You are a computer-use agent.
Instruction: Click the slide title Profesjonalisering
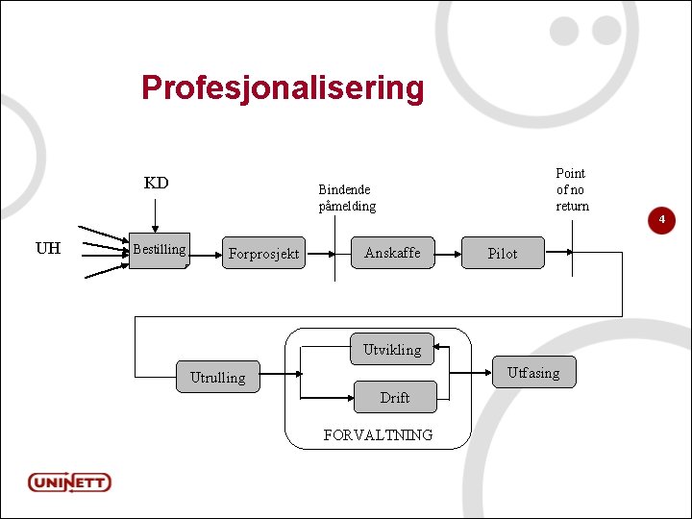[x=282, y=87]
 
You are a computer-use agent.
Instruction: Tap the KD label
[x=156, y=183]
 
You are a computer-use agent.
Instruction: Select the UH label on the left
[x=47, y=249]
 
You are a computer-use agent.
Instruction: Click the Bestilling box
[x=159, y=250]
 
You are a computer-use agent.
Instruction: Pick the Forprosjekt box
[x=263, y=254]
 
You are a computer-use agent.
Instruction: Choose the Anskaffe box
[x=392, y=253]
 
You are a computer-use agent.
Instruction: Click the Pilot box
[x=502, y=254]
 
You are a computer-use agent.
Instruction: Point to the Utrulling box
[x=217, y=377]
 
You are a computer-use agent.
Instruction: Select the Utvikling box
[x=391, y=350]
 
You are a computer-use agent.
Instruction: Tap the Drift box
[x=394, y=397]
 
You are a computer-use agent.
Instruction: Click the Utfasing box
[x=532, y=373]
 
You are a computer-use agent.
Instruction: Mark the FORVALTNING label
[x=378, y=435]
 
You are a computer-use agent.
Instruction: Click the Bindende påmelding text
[x=347, y=198]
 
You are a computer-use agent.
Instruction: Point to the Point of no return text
[x=571, y=189]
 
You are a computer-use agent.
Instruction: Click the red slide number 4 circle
[x=661, y=221]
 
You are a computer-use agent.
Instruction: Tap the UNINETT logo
[x=69, y=482]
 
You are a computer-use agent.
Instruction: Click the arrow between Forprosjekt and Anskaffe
[x=327, y=254]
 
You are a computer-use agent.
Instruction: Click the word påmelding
[x=347, y=206]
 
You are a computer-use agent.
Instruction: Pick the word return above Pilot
[x=572, y=206]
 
